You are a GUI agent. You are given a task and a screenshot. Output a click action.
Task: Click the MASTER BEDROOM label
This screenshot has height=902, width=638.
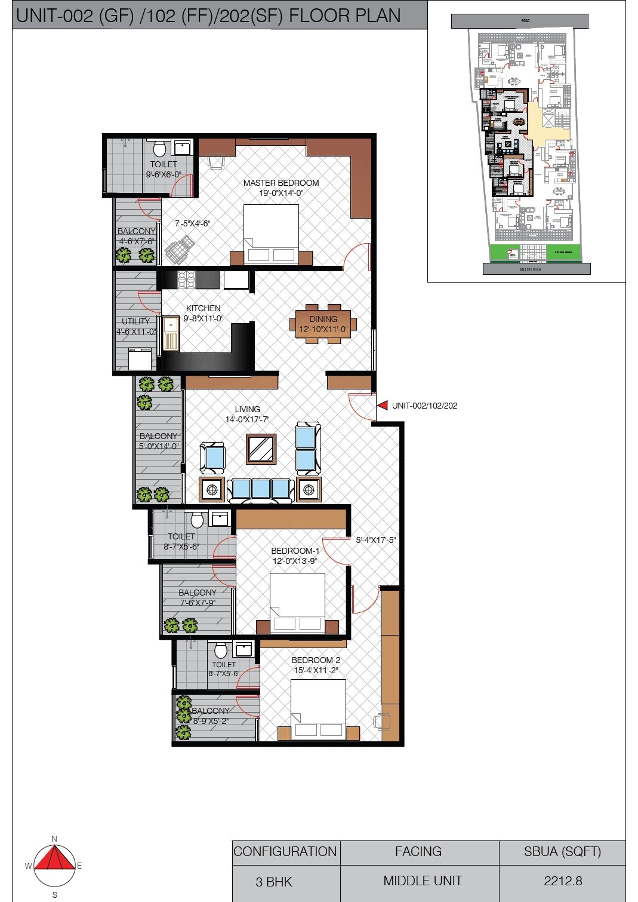click(x=281, y=183)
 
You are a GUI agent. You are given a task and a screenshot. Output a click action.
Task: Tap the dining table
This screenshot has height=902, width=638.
click(x=323, y=324)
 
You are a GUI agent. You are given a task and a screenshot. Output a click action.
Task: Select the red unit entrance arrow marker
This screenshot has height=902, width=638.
click(x=383, y=406)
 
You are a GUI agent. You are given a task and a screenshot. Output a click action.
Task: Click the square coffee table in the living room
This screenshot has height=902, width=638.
click(x=261, y=449)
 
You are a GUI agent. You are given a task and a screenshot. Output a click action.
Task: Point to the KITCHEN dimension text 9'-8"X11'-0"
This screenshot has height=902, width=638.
click(x=203, y=318)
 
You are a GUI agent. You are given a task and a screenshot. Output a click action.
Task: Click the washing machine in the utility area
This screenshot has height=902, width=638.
click(x=140, y=358)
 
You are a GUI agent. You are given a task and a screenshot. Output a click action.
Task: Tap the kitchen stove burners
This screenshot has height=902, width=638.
click(x=187, y=279)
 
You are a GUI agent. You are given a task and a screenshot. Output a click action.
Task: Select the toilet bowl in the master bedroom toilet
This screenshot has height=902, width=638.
click(x=159, y=148)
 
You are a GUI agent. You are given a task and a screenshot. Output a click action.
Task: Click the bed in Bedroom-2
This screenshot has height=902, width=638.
click(x=318, y=708)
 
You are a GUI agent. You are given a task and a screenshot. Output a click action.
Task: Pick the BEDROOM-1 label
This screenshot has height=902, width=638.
click(x=295, y=551)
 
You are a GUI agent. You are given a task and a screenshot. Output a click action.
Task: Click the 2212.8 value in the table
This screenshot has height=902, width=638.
click(x=562, y=880)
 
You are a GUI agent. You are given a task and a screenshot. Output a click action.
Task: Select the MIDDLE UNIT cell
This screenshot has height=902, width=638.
click(x=422, y=880)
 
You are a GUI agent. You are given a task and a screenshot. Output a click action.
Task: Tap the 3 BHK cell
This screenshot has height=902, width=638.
click(x=274, y=882)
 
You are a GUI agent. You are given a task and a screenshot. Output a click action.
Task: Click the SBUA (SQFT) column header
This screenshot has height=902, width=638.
click(x=562, y=851)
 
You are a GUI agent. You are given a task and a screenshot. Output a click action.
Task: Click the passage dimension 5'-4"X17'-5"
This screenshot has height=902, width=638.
click(x=375, y=540)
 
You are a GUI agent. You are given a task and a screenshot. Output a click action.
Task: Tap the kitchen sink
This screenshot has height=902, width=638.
click(x=171, y=333)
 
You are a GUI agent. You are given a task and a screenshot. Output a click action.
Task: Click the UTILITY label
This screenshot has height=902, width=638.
click(x=136, y=321)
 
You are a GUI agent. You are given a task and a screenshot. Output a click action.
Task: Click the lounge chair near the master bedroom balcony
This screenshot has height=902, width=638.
click(x=180, y=249)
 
